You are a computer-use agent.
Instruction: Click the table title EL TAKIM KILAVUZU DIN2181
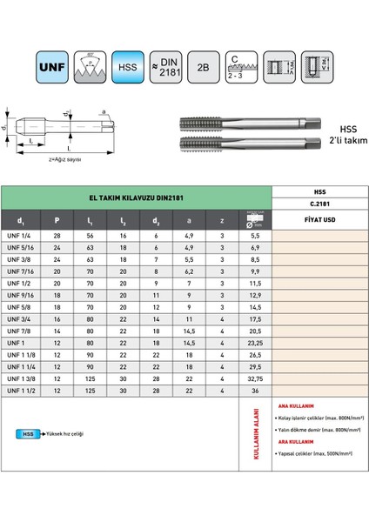[135, 197]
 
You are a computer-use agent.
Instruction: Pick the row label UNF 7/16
[31, 272]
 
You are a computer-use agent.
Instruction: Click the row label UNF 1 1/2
[31, 391]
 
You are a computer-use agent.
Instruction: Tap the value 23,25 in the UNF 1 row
[255, 344]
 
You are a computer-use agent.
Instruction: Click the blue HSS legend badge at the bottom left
[29, 432]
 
